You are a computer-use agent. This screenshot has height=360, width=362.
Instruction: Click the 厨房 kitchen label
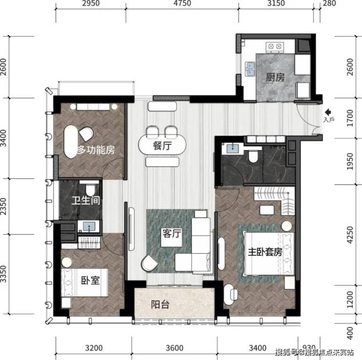coord(275,77)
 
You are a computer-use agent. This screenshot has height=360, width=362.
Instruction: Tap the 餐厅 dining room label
coord(162,146)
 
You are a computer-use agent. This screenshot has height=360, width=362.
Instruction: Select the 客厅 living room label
coord(172,233)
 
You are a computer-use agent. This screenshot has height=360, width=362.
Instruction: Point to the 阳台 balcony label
coord(160,305)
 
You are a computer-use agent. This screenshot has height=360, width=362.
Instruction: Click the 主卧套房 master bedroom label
coord(265,252)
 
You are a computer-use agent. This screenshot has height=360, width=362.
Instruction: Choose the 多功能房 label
coord(96,150)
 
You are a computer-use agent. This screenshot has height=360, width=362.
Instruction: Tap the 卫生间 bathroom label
coord(86,201)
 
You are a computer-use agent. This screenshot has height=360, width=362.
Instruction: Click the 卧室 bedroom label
coord(90,280)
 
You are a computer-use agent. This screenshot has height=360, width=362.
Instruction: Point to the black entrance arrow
coord(328,112)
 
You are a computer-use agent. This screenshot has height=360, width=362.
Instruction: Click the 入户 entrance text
coord(329,119)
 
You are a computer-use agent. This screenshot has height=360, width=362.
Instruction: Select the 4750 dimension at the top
coord(182,3)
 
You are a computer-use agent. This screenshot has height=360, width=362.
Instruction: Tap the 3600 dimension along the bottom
coord(175,348)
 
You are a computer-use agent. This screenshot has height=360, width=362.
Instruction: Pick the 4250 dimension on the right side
coord(350,235)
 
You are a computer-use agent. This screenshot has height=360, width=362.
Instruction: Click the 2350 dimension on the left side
coord(3,206)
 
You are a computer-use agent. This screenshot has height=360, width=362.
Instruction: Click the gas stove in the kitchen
coord(275,47)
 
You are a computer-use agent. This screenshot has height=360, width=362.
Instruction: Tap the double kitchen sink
coord(250,69)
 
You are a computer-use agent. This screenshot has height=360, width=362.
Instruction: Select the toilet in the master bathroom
coord(253,156)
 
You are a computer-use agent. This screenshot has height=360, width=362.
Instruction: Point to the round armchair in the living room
coord(150,264)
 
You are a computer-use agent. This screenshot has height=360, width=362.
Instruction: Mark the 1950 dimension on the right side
coord(350,161)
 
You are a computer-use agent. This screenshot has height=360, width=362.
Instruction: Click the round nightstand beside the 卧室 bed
coord(67,262)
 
